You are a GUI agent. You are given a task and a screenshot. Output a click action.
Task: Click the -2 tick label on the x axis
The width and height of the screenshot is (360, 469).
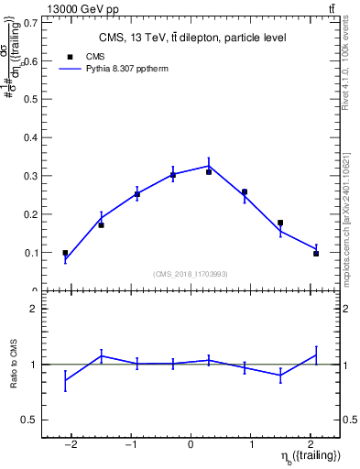tap(71, 444)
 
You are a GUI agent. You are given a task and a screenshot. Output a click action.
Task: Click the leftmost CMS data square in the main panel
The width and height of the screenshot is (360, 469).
tap(65, 253)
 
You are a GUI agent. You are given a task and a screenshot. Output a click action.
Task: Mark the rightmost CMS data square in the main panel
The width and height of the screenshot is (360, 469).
tap(316, 254)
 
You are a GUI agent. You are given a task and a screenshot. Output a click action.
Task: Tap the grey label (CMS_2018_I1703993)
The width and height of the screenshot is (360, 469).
tap(191, 273)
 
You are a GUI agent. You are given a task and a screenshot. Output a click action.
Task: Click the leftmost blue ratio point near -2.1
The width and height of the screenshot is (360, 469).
tap(65, 379)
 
